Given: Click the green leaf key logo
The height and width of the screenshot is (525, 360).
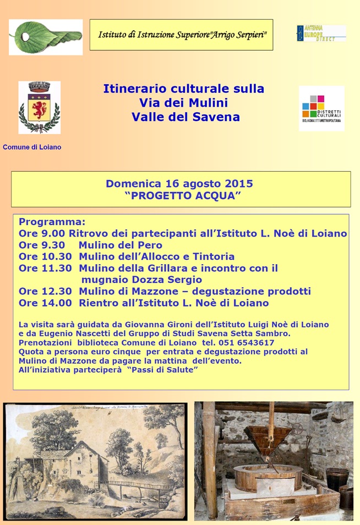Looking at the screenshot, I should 45,37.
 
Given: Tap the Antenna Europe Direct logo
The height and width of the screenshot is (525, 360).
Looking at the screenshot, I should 321,33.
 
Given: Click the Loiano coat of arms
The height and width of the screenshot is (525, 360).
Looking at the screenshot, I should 39,107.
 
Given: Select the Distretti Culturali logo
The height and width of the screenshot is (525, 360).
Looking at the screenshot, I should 321,108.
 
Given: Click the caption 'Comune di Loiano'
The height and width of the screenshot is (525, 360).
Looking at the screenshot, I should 32,147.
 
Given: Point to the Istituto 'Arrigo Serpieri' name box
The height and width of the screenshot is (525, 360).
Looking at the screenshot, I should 181,35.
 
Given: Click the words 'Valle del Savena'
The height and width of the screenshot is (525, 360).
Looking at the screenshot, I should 186,117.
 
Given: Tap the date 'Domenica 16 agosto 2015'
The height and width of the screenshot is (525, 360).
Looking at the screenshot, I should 179,183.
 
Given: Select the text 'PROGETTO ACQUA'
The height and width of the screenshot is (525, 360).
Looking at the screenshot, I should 183,195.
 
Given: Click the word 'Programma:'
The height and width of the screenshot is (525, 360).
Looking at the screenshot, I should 52,222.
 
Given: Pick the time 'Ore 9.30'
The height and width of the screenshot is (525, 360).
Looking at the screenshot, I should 42,245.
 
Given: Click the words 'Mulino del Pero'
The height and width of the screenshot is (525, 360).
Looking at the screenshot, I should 120,245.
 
